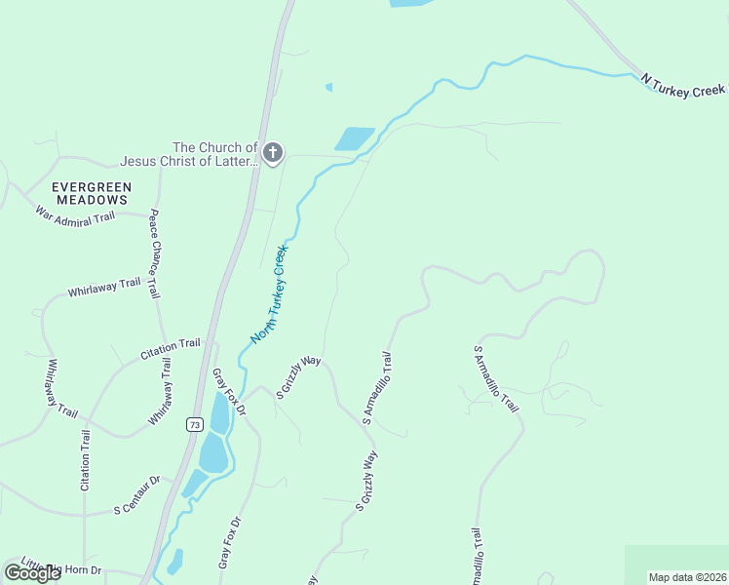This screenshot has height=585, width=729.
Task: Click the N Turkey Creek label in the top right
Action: [682, 85]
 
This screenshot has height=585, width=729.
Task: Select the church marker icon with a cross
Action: [273, 152]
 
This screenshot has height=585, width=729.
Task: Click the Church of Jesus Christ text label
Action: [188, 154]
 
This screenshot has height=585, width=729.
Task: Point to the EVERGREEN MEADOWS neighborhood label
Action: [92, 192]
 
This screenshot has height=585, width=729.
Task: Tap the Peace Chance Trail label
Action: [153, 256]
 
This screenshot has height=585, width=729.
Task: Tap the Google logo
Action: [33, 573]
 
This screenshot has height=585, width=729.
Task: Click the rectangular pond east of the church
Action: [355, 138]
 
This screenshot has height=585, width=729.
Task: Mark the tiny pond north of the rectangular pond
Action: [329, 87]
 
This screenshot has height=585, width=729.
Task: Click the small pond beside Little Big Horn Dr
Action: [174, 563]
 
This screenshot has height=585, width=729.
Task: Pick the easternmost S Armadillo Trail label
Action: [495, 378]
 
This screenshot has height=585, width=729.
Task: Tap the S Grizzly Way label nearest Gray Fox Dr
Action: [298, 377]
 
